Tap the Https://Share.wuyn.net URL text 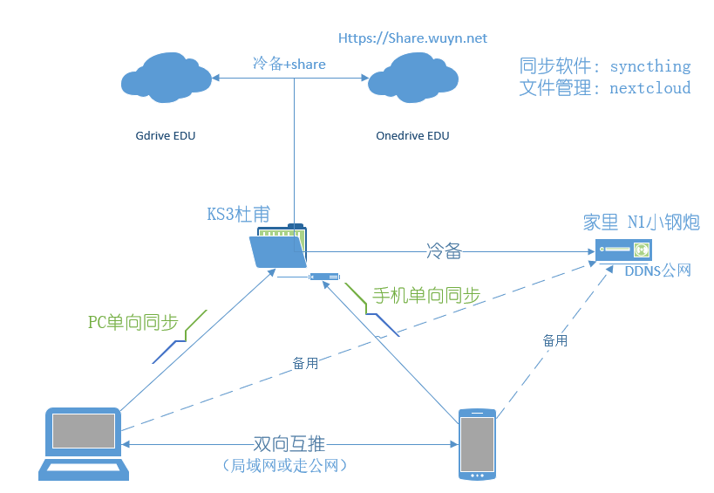[412, 38]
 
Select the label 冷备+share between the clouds [289, 64]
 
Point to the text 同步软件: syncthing [604, 66]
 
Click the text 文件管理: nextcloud [604, 88]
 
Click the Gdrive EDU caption [166, 136]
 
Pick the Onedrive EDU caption [412, 136]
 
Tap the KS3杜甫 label [238, 214]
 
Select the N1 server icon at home [623, 250]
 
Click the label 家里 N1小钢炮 [641, 223]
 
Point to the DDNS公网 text [657, 271]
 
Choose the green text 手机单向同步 [426, 296]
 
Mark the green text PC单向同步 [133, 322]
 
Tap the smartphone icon [477, 443]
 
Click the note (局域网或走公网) [287, 466]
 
